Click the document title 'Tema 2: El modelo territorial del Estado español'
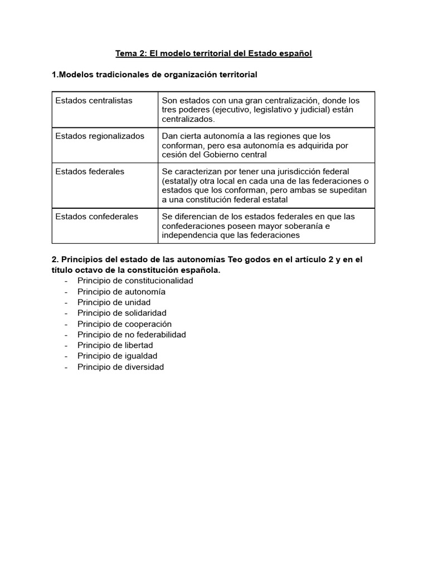(x=213, y=53)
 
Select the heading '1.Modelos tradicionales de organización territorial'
(x=154, y=75)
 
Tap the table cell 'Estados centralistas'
(x=94, y=101)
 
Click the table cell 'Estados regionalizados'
(x=100, y=136)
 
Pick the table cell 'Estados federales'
(x=90, y=172)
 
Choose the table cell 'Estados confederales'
(x=96, y=217)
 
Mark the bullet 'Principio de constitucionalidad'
(x=135, y=281)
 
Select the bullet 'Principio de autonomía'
(x=121, y=292)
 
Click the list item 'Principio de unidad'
(x=114, y=302)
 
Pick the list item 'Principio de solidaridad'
(x=121, y=313)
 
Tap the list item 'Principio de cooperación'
(x=124, y=324)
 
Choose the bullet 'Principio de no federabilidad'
(x=132, y=335)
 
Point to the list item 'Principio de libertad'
(x=115, y=345)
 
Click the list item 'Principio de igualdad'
(x=117, y=356)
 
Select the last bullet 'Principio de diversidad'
(x=120, y=367)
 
